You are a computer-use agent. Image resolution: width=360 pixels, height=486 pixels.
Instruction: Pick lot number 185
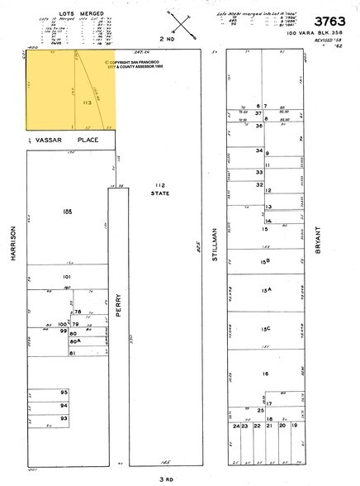click(x=68, y=212)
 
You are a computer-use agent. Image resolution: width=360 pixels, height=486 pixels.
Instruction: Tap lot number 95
click(x=64, y=392)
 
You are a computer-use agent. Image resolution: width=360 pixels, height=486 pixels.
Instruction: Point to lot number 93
click(x=64, y=419)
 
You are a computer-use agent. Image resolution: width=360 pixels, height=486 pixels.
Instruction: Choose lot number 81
click(x=73, y=353)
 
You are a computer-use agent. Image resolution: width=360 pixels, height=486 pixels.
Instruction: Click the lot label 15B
click(x=265, y=261)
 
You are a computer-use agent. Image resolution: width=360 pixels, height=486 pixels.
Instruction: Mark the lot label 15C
click(x=266, y=329)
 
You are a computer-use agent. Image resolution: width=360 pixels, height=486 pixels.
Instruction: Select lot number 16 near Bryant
click(x=266, y=374)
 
